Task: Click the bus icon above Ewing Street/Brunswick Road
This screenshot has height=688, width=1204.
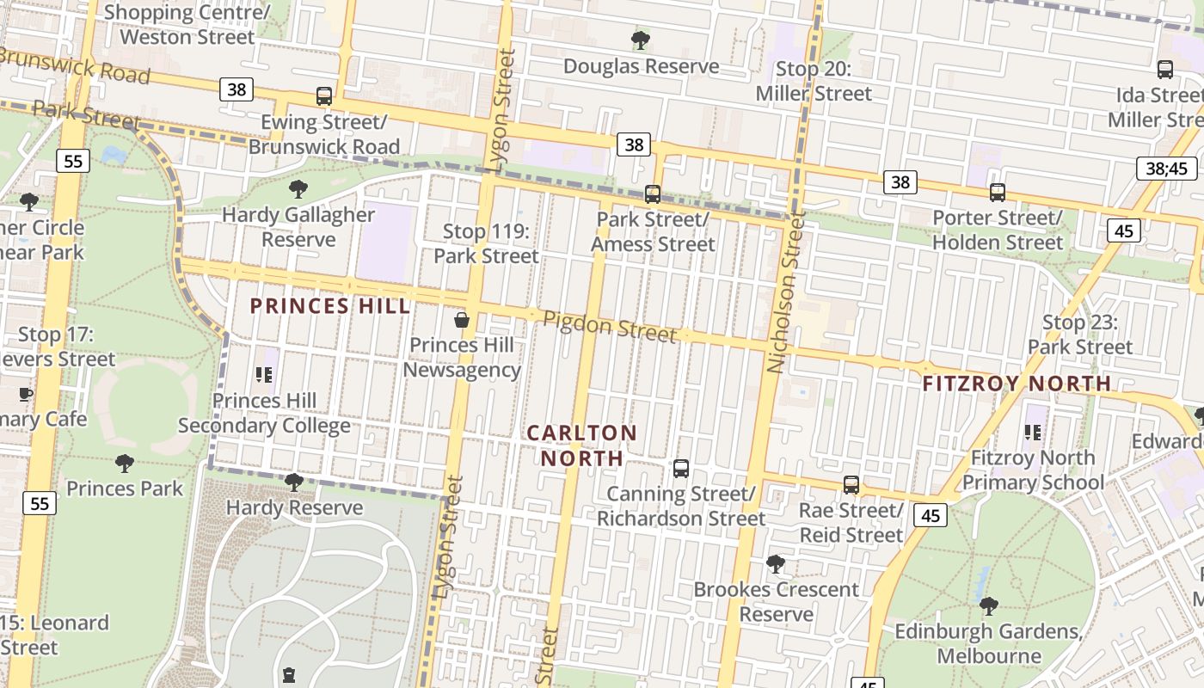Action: [324, 96]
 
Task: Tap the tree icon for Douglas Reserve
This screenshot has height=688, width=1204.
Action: [640, 40]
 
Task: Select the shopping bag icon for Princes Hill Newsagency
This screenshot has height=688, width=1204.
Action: [462, 321]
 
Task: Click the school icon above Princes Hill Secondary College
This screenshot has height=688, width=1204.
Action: [264, 375]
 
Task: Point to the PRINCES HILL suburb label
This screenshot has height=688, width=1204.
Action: [330, 306]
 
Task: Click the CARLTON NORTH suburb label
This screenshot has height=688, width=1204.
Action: [581, 445]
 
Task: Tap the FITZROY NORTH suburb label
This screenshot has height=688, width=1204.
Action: [1017, 384]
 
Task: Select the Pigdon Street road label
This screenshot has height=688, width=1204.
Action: [609, 327]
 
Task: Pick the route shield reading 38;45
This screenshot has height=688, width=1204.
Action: [1166, 168]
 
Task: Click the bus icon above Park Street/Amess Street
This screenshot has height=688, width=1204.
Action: [653, 194]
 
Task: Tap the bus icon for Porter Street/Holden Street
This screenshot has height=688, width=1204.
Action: [998, 193]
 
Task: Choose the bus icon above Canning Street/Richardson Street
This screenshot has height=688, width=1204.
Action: [681, 469]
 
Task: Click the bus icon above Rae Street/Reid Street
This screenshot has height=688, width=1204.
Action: [851, 485]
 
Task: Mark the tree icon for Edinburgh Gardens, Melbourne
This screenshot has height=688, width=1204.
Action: [988, 606]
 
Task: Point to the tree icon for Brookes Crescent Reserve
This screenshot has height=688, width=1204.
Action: [776, 564]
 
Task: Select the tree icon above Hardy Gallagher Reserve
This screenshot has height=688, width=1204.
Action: [298, 189]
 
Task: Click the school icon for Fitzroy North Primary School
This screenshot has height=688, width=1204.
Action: [1033, 433]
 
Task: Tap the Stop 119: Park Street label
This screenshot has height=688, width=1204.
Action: [486, 243]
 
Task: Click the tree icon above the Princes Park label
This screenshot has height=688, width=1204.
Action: [125, 464]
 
